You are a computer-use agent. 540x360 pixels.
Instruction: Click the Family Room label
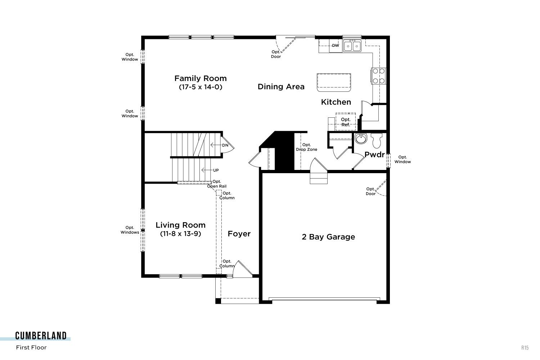coord(200,78)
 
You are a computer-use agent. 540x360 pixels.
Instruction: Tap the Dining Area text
coord(281,86)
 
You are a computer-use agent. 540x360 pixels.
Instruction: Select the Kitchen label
coord(336,102)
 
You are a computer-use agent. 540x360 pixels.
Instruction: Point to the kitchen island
coord(334,83)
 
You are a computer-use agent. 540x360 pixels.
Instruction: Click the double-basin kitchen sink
coord(352,46)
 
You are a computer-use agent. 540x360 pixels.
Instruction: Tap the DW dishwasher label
coord(336,45)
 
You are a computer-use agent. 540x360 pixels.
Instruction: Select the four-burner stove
coord(378,76)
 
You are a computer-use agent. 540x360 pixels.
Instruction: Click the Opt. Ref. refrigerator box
coord(346,122)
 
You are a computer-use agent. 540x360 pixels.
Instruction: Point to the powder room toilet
coord(376,140)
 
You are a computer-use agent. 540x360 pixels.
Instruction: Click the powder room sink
coord(361,139)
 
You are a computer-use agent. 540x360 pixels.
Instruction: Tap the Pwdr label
coord(374,154)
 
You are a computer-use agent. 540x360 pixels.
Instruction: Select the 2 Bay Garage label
coord(328,237)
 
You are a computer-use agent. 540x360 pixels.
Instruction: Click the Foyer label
coord(239,234)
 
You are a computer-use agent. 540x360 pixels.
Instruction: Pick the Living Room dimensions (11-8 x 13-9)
coord(181,234)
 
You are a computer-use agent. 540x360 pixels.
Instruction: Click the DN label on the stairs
coord(225,145)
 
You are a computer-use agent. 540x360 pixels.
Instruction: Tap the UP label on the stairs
coord(216,170)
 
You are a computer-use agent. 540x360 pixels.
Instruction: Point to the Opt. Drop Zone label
coord(306,147)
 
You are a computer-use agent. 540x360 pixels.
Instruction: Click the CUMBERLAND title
coord(41,336)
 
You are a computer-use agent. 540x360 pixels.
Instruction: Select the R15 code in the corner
coord(525,348)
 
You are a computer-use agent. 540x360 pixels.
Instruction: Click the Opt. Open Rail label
coord(217,184)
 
